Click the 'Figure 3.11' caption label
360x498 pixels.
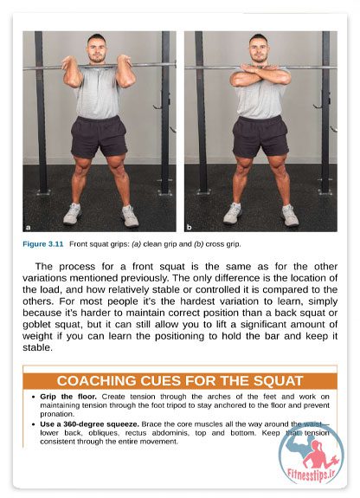point(43,244)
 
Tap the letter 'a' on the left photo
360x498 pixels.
point(28,227)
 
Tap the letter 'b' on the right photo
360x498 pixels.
point(190,227)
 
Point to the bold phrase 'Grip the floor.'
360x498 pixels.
point(68,397)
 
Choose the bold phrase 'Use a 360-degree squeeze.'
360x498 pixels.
point(89,424)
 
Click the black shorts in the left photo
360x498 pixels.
point(99,137)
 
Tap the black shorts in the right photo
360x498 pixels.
point(260,137)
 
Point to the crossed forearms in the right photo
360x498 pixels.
point(260,75)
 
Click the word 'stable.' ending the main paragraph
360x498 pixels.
point(37,347)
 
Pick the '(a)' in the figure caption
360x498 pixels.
point(136,244)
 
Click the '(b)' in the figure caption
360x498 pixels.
point(198,244)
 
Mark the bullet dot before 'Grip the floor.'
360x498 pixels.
point(34,397)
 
